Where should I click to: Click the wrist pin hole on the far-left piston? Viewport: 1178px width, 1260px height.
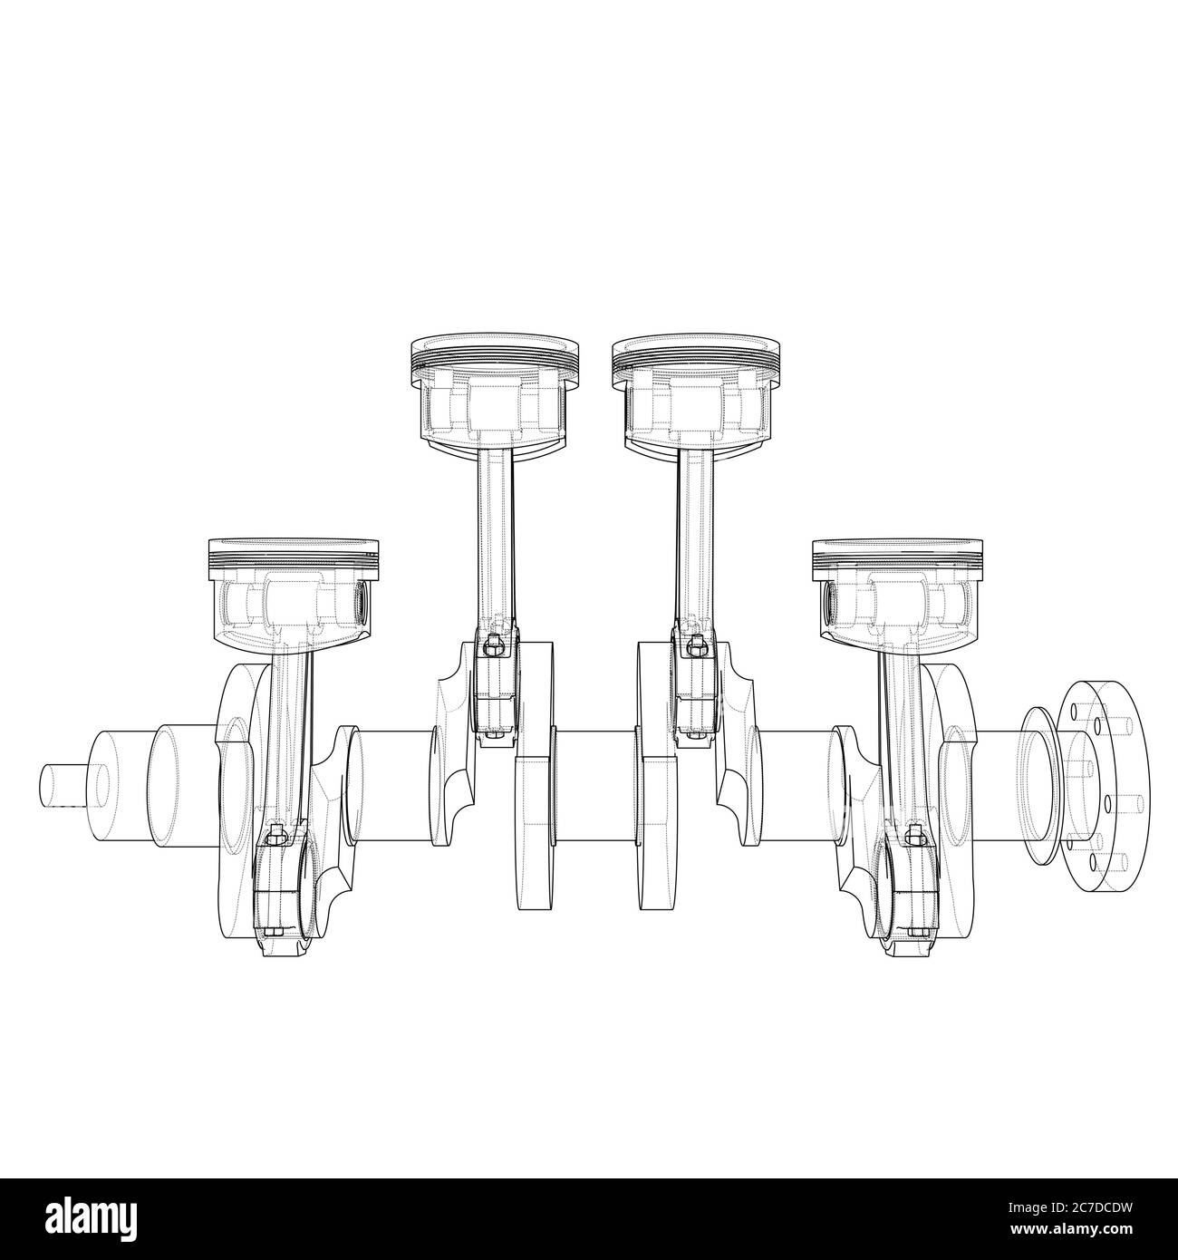(362, 599)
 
